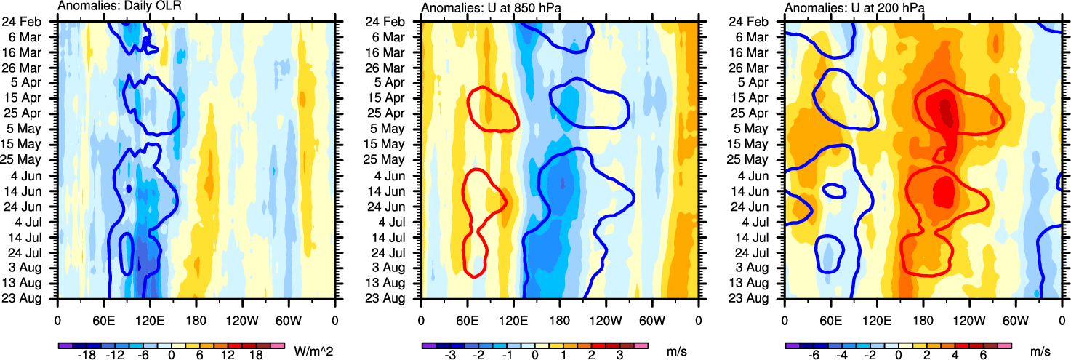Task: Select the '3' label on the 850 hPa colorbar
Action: pos(619,355)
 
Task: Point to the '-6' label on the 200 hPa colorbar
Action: pos(814,355)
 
